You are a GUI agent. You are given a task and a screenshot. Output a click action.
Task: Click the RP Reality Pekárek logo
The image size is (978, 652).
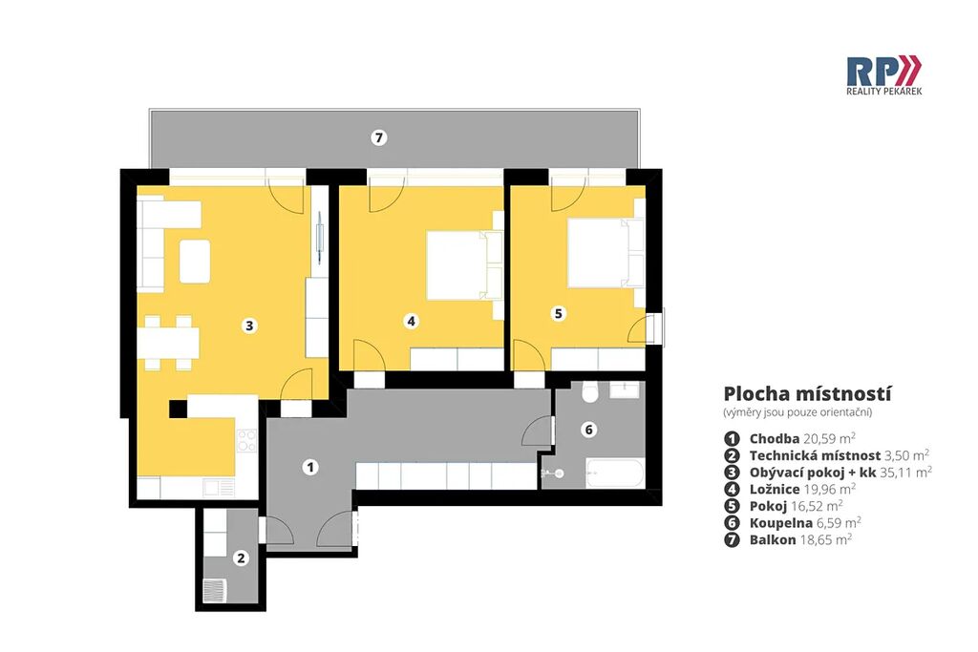(x=883, y=75)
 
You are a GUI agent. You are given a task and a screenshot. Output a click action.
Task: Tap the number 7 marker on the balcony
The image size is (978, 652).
(x=378, y=137)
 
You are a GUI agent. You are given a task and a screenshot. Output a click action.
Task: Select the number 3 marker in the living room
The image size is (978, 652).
(x=249, y=326)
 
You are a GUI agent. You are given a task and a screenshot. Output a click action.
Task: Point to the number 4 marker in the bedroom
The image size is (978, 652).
(x=411, y=321)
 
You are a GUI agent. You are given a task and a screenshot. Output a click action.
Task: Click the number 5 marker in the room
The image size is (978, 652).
(x=558, y=313)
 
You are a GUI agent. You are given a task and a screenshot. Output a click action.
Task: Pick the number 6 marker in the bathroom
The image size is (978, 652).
(x=588, y=430)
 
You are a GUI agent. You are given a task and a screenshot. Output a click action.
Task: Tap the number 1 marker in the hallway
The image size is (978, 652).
(x=310, y=467)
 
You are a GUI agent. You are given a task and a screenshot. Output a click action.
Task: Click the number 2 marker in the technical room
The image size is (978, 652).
(x=242, y=557)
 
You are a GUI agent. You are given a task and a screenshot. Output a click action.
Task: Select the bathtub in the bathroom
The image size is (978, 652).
(x=615, y=473)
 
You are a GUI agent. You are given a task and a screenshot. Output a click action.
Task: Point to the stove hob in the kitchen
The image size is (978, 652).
(x=246, y=440)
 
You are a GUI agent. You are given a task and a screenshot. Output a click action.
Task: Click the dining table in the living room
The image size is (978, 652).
(x=168, y=343)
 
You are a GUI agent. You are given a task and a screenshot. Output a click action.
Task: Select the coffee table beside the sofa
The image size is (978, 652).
(x=195, y=262)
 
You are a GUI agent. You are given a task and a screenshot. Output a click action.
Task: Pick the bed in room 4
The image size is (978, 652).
(x=463, y=265)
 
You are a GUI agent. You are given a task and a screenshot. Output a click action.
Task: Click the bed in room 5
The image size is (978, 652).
(x=605, y=252)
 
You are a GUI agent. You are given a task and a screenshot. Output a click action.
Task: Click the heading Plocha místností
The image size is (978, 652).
(x=808, y=394)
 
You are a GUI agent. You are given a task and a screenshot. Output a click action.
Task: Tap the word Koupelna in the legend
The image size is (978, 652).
(x=781, y=523)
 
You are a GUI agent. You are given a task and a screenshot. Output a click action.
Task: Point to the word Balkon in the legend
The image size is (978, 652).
(x=773, y=539)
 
